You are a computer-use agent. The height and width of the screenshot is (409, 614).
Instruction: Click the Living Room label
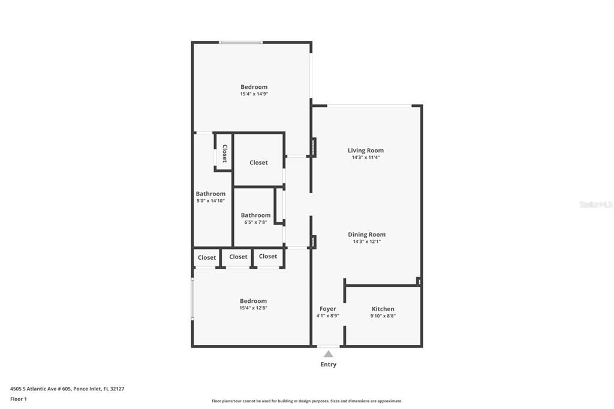click(x=365, y=151)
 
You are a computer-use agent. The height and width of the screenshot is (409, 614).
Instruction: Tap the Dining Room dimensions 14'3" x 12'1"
click(x=366, y=242)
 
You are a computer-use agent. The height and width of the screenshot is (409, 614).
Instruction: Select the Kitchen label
click(x=383, y=309)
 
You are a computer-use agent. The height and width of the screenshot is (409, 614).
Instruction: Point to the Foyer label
click(x=327, y=309)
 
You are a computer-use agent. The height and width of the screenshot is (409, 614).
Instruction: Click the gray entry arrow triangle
click(x=328, y=354)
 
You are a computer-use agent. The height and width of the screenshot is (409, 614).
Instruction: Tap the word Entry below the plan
click(x=328, y=365)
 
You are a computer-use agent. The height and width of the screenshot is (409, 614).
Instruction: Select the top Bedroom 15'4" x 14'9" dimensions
click(x=254, y=94)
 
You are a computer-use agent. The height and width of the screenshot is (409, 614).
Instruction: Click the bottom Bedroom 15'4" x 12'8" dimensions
click(x=253, y=308)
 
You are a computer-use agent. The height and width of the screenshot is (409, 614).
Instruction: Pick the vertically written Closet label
click(x=225, y=154)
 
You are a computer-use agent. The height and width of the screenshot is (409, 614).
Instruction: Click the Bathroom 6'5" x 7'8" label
click(x=255, y=215)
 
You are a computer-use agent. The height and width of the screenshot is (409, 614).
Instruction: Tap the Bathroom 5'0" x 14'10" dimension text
click(x=210, y=201)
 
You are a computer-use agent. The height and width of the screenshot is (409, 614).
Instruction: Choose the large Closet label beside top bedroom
click(x=258, y=163)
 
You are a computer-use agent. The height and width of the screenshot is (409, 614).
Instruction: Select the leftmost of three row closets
click(x=207, y=258)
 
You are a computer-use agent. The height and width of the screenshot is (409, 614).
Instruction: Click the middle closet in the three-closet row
click(x=238, y=257)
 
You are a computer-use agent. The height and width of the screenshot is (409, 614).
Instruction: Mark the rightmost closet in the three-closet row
click(x=268, y=256)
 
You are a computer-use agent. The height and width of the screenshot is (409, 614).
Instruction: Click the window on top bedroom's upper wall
click(x=240, y=43)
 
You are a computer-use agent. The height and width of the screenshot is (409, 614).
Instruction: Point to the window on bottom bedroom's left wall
click(x=192, y=298)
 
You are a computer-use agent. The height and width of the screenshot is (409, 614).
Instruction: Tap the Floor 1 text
click(x=19, y=399)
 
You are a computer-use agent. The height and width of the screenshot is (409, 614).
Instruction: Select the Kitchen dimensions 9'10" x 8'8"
click(x=383, y=316)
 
